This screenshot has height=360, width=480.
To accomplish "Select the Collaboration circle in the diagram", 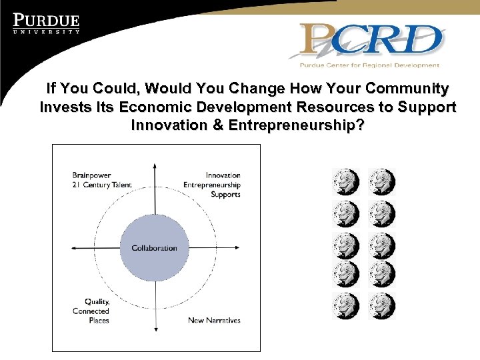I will pos(154,248).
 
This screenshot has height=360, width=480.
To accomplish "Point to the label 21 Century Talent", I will pos(102,185).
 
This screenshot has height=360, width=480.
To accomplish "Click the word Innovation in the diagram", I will pos(223,175).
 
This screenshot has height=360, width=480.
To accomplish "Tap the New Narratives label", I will pos(214,320).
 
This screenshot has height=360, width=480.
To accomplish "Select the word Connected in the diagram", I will pos(91,311).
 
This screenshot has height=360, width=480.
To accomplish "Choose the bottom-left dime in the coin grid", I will pos(345,305).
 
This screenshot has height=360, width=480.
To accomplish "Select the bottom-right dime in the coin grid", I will pos(382,305).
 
